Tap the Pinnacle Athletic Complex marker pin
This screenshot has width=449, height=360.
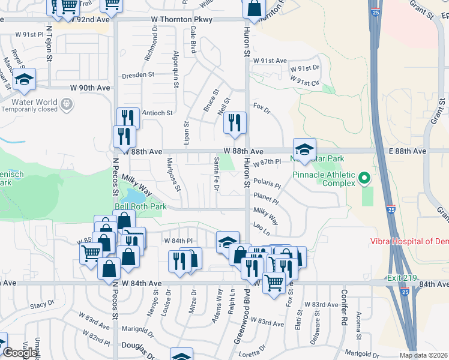click(364, 178)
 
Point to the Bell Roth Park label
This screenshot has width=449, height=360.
click(140, 207)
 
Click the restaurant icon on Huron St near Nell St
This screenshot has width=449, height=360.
click(234, 124)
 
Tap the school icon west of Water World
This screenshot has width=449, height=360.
click(25, 80)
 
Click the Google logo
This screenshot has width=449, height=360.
click(20, 353)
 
